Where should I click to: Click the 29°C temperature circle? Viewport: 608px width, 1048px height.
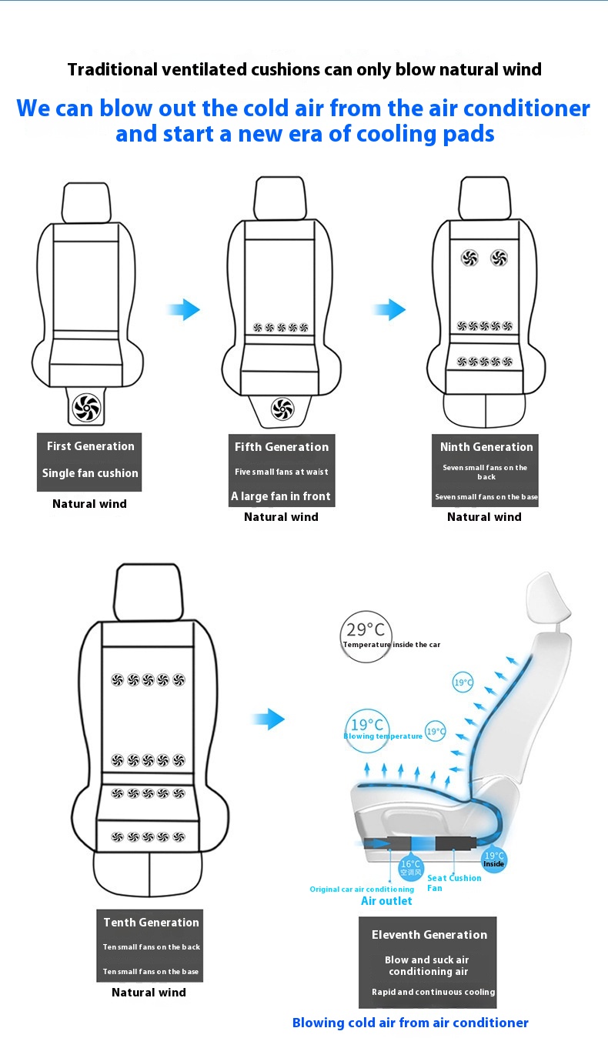click(x=366, y=636)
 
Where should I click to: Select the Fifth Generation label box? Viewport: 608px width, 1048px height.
click(x=281, y=470)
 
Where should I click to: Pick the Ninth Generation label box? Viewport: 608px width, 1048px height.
click(x=486, y=470)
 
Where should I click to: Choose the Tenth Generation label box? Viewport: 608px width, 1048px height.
click(x=151, y=946)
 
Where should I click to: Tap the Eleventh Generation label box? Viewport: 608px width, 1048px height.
click(x=429, y=962)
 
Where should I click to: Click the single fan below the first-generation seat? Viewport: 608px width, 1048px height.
click(x=85, y=407)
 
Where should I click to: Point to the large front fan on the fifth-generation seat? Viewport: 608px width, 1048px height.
click(x=282, y=408)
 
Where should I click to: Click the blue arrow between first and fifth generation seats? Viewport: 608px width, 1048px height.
click(x=184, y=310)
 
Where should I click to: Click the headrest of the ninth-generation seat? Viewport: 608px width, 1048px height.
click(x=484, y=196)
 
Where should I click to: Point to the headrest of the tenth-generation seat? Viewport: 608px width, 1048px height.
click(x=148, y=591)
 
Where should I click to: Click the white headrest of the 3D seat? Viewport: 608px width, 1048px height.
click(x=548, y=599)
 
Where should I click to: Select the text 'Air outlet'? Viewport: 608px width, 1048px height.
click(x=386, y=901)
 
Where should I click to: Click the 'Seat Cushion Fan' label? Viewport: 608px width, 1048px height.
click(x=454, y=883)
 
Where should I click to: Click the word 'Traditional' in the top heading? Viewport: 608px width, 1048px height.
click(x=111, y=69)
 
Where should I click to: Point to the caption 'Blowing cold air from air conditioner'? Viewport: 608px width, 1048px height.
click(x=410, y=1023)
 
